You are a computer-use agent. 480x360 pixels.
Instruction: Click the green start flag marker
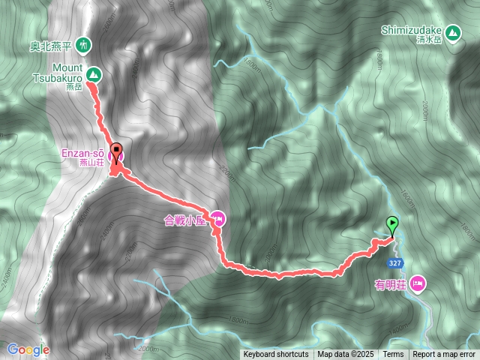[x=391, y=223]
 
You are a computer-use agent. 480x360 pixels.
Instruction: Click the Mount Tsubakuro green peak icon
[x=93, y=73]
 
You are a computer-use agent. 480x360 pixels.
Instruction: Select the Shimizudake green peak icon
[x=452, y=32]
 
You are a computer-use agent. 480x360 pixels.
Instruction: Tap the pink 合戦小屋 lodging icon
[x=218, y=219]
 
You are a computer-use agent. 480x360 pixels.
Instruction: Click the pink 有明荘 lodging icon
[x=418, y=283]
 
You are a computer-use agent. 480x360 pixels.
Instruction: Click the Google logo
[x=28, y=349]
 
